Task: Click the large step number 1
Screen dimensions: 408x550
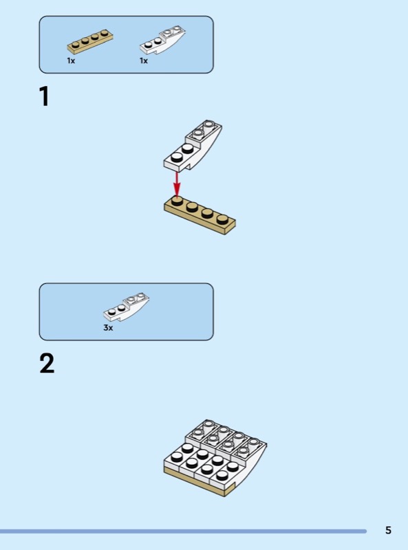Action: coord(44,96)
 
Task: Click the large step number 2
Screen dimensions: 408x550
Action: coord(47,364)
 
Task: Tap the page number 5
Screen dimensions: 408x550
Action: coord(388,530)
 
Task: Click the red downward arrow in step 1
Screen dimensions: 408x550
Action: coord(177,184)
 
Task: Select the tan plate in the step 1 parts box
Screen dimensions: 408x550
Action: coord(90,41)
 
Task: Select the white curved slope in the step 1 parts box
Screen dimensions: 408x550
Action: coord(162,40)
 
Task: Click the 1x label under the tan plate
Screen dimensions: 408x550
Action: coord(71,60)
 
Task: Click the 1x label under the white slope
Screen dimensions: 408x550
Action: coord(144,60)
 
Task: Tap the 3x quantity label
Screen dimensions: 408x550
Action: coord(108,328)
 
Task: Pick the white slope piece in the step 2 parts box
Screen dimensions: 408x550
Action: coord(126,307)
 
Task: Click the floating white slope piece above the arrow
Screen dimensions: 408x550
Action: coord(192,145)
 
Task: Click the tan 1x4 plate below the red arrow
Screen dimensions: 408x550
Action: coord(200,215)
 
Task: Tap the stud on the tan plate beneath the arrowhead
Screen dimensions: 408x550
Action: coord(177,201)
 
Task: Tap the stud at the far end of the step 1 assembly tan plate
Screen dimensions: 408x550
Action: coord(222,219)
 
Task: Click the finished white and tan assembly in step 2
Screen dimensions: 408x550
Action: coord(215,458)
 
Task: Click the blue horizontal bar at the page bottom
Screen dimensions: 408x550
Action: coord(183,531)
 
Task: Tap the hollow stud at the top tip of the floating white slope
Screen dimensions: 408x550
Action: coord(209,124)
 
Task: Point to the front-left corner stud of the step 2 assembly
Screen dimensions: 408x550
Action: coord(177,456)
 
